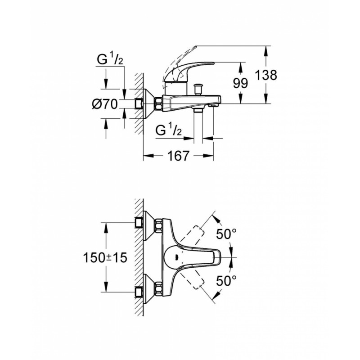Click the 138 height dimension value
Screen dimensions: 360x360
(x=266, y=75)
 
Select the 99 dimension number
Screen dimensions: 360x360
(x=241, y=83)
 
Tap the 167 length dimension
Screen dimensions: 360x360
(x=178, y=156)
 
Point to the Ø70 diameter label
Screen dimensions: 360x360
(x=105, y=104)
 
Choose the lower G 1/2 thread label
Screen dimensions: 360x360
(x=168, y=130)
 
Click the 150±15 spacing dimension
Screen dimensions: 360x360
(x=105, y=257)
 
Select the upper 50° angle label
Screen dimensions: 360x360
(x=226, y=234)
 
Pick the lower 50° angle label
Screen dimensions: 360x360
(x=226, y=280)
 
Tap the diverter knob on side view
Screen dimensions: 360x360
(x=198, y=89)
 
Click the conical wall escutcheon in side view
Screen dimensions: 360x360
(x=149, y=104)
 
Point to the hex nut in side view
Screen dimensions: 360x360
(x=159, y=104)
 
